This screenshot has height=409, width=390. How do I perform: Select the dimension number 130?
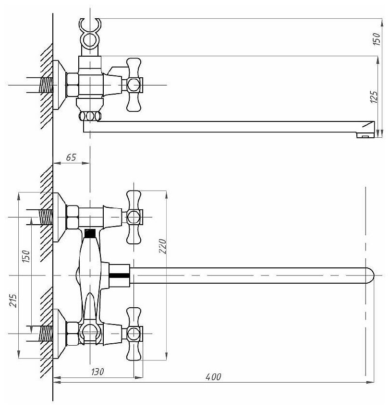click(97, 372)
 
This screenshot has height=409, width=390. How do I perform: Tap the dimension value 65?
click(71, 157)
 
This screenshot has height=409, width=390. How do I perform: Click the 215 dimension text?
click(13, 301)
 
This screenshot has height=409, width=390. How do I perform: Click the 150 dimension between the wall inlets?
click(26, 257)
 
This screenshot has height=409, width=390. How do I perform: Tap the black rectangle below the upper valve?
click(89, 234)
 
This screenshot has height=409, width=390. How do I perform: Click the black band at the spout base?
click(119, 275)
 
